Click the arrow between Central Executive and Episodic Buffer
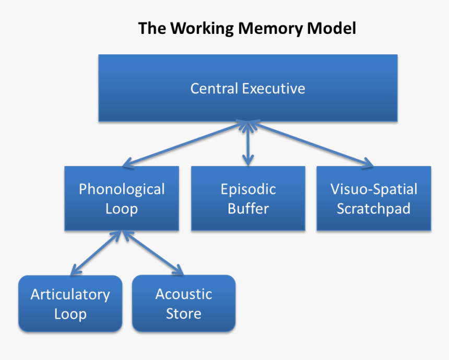(248, 143)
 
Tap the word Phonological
(122, 189)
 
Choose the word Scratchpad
(374, 209)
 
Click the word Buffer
(248, 209)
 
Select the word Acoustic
(184, 294)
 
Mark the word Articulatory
(70, 294)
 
